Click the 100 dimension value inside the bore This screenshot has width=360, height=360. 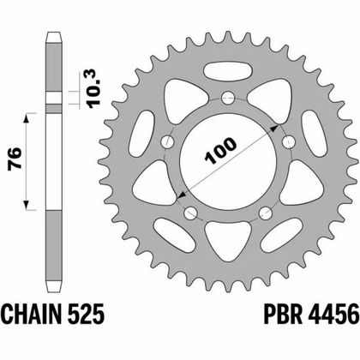222,158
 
